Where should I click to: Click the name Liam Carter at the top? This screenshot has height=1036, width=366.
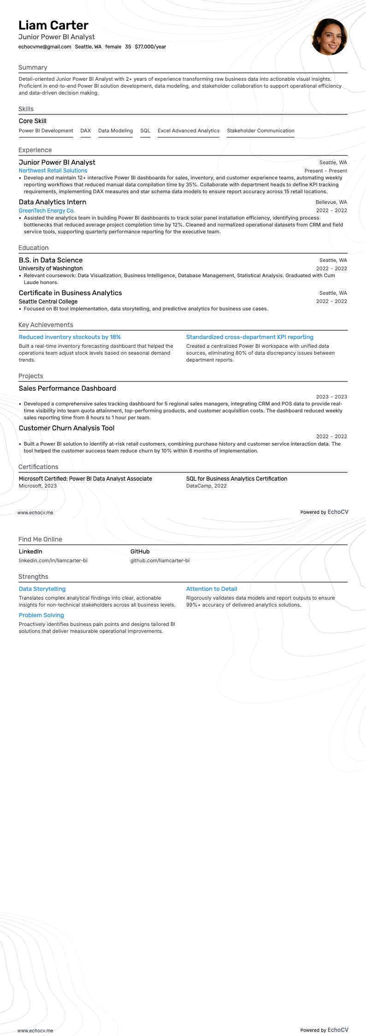[53, 25]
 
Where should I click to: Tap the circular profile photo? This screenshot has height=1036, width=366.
[329, 37]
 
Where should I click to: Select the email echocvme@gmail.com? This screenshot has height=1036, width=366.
[45, 47]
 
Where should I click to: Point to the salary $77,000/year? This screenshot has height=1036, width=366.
[150, 47]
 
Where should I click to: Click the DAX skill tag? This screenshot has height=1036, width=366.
[86, 131]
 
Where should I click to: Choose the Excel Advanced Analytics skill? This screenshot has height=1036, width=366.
[189, 131]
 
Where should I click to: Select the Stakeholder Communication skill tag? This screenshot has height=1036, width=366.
[260, 131]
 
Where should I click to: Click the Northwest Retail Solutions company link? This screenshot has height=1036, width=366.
[53, 171]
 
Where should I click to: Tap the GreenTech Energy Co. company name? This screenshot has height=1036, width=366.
[47, 211]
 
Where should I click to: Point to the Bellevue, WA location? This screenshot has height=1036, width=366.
[331, 202]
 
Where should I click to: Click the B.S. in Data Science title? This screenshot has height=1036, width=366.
[51, 260]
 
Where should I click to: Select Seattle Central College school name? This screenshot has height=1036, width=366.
[48, 302]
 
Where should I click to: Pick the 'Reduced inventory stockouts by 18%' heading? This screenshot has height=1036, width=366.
[70, 337]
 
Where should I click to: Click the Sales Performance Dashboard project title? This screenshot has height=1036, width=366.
[67, 388]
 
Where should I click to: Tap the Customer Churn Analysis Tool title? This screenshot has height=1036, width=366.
[66, 428]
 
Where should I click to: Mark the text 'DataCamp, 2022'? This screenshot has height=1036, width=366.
[206, 486]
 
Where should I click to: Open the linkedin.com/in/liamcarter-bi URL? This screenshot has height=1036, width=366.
[53, 560]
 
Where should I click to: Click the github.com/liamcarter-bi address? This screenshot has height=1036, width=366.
[160, 560]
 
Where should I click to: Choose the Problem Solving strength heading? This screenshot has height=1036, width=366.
[41, 615]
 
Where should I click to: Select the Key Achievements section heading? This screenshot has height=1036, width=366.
[46, 325]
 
